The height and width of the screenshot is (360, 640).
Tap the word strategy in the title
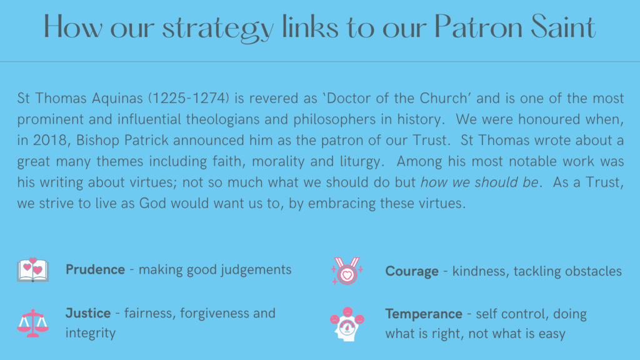(218, 29)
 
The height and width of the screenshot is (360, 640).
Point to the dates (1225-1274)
(189, 98)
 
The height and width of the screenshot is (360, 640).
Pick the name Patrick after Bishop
(146, 140)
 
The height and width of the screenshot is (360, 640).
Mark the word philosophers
(334, 120)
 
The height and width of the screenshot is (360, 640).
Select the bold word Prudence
(95, 269)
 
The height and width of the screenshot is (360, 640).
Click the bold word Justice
(88, 313)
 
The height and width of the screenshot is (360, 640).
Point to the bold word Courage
(412, 272)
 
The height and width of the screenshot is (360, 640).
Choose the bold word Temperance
(424, 314)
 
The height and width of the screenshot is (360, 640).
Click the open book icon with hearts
(33, 270)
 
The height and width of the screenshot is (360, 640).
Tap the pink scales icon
(33, 323)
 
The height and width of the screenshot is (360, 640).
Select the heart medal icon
(347, 271)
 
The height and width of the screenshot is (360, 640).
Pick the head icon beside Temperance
(347, 324)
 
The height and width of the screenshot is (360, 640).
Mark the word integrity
(91, 334)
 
